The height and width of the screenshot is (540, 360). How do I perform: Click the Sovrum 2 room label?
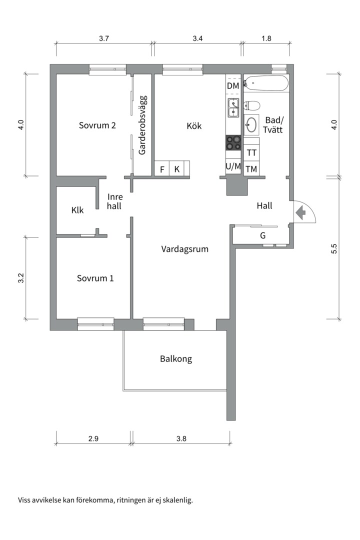pos(97,125)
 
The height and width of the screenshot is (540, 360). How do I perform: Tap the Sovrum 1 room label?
pos(95,278)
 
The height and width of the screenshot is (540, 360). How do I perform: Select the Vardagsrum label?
pos(184,249)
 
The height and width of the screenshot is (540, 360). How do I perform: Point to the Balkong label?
pos(175,359)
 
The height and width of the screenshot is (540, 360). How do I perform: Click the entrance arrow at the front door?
pos(300,212)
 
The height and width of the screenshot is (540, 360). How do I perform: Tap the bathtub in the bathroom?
pos(265,83)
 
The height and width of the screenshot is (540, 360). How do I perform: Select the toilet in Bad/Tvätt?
pos(252,105)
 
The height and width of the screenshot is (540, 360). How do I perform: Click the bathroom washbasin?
pos(251,124)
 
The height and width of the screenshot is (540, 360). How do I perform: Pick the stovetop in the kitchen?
pos(233,143)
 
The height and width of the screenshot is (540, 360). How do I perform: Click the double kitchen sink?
pos(233,107)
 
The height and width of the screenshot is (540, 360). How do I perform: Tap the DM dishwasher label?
pos(233,86)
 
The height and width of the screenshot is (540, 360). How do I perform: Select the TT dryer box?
pos(251,152)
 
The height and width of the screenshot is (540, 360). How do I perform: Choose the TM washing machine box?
pos(251,169)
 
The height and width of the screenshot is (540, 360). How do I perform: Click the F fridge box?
pos(162,169)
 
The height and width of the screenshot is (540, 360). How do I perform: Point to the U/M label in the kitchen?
pos(233,166)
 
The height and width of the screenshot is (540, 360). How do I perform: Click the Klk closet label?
pos(77,210)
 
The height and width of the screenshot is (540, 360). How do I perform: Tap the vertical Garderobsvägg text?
pos(142,125)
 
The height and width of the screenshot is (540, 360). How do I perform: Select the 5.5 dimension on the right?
pos(334,248)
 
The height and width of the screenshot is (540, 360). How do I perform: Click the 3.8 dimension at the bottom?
pos(181,439)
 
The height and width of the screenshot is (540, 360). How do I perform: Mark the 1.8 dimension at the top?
pos(266,38)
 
